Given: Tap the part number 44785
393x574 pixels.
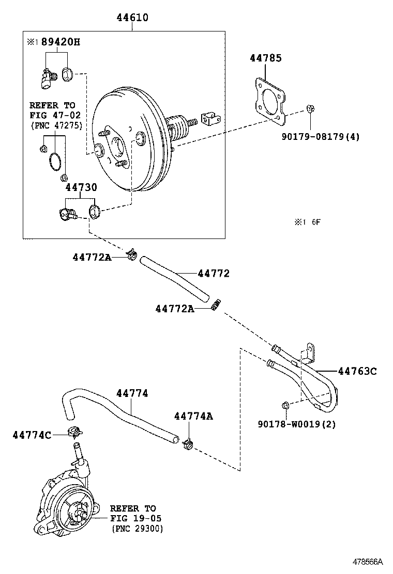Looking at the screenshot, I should [266, 58].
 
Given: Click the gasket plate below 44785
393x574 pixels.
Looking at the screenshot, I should [268, 101].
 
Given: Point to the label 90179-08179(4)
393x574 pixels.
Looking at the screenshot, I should [321, 137].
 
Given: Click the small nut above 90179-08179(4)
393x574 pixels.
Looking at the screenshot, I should [310, 108].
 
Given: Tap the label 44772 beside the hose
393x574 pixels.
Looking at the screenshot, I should [213, 274].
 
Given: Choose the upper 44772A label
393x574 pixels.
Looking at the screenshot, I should [92, 257].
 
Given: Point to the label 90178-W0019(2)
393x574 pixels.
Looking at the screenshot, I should [296, 424].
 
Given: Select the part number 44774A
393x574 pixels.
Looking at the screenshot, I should [193, 416].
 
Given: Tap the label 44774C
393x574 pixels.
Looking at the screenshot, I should [32, 435].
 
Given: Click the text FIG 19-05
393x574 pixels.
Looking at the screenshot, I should [135, 518].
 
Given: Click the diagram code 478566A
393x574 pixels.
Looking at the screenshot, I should [368, 561].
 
